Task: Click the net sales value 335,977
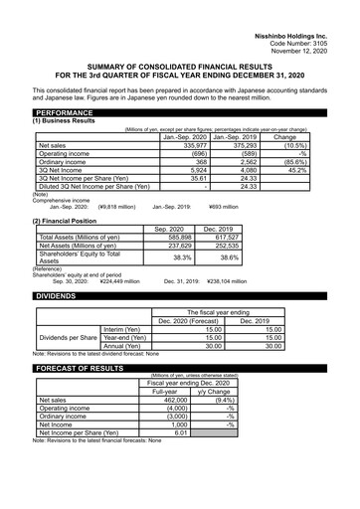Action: click(190, 145)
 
